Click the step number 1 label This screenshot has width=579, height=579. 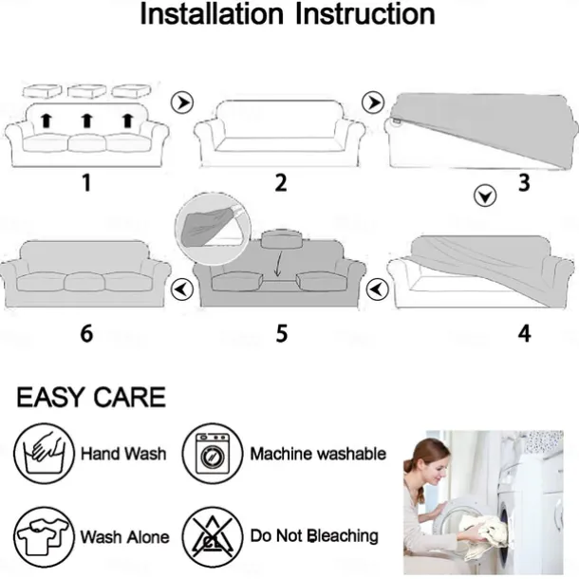pos(86,183)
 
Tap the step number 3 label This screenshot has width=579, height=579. pos(524,183)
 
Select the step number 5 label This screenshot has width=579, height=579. pos(281,333)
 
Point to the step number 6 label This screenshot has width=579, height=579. pos(86,333)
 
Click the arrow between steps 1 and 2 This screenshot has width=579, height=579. pos(182,103)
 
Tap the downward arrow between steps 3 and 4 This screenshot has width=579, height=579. pos(485,196)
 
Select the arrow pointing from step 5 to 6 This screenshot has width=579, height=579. pos(182,289)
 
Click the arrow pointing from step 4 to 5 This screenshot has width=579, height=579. pos(377,289)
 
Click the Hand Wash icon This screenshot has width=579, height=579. pos(44,453)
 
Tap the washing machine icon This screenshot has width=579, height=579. pos(213,453)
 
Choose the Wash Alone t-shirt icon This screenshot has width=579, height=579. pos(44,537)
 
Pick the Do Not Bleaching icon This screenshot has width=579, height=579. pos(213,537)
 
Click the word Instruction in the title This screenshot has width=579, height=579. pos(365,14)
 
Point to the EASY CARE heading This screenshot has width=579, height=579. pos(91,398)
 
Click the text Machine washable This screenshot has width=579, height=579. pos(318,454)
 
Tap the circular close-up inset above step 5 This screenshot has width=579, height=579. pos(213,229)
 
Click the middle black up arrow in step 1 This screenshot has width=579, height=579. pos(86,121)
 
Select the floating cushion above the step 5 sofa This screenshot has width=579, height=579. pos(281,239)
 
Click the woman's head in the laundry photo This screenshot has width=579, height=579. pos(428,460)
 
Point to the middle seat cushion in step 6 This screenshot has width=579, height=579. pos(84,283)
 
